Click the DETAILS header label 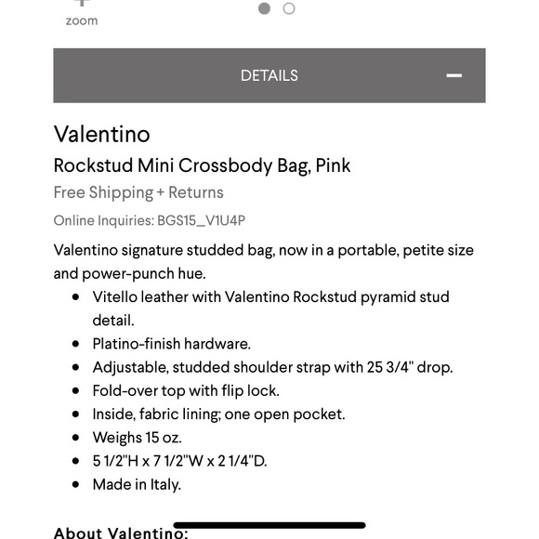click(x=269, y=75)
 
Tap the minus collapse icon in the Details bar click(x=454, y=75)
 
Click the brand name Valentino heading click(x=101, y=134)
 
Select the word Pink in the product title click(x=333, y=166)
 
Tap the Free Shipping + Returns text click(x=138, y=192)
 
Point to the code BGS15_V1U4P click(x=202, y=220)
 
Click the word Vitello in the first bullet click(x=117, y=297)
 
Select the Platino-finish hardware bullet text click(x=171, y=344)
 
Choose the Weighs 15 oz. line click(x=137, y=437)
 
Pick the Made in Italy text click(x=137, y=484)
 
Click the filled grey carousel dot click(x=265, y=8)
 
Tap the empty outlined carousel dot click(x=289, y=8)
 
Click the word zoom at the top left click(x=82, y=20)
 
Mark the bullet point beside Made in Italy click(x=75, y=484)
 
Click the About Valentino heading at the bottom click(x=121, y=532)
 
